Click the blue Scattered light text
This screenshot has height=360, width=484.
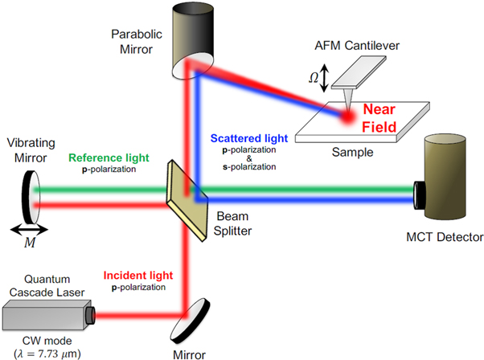click(x=242, y=140)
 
